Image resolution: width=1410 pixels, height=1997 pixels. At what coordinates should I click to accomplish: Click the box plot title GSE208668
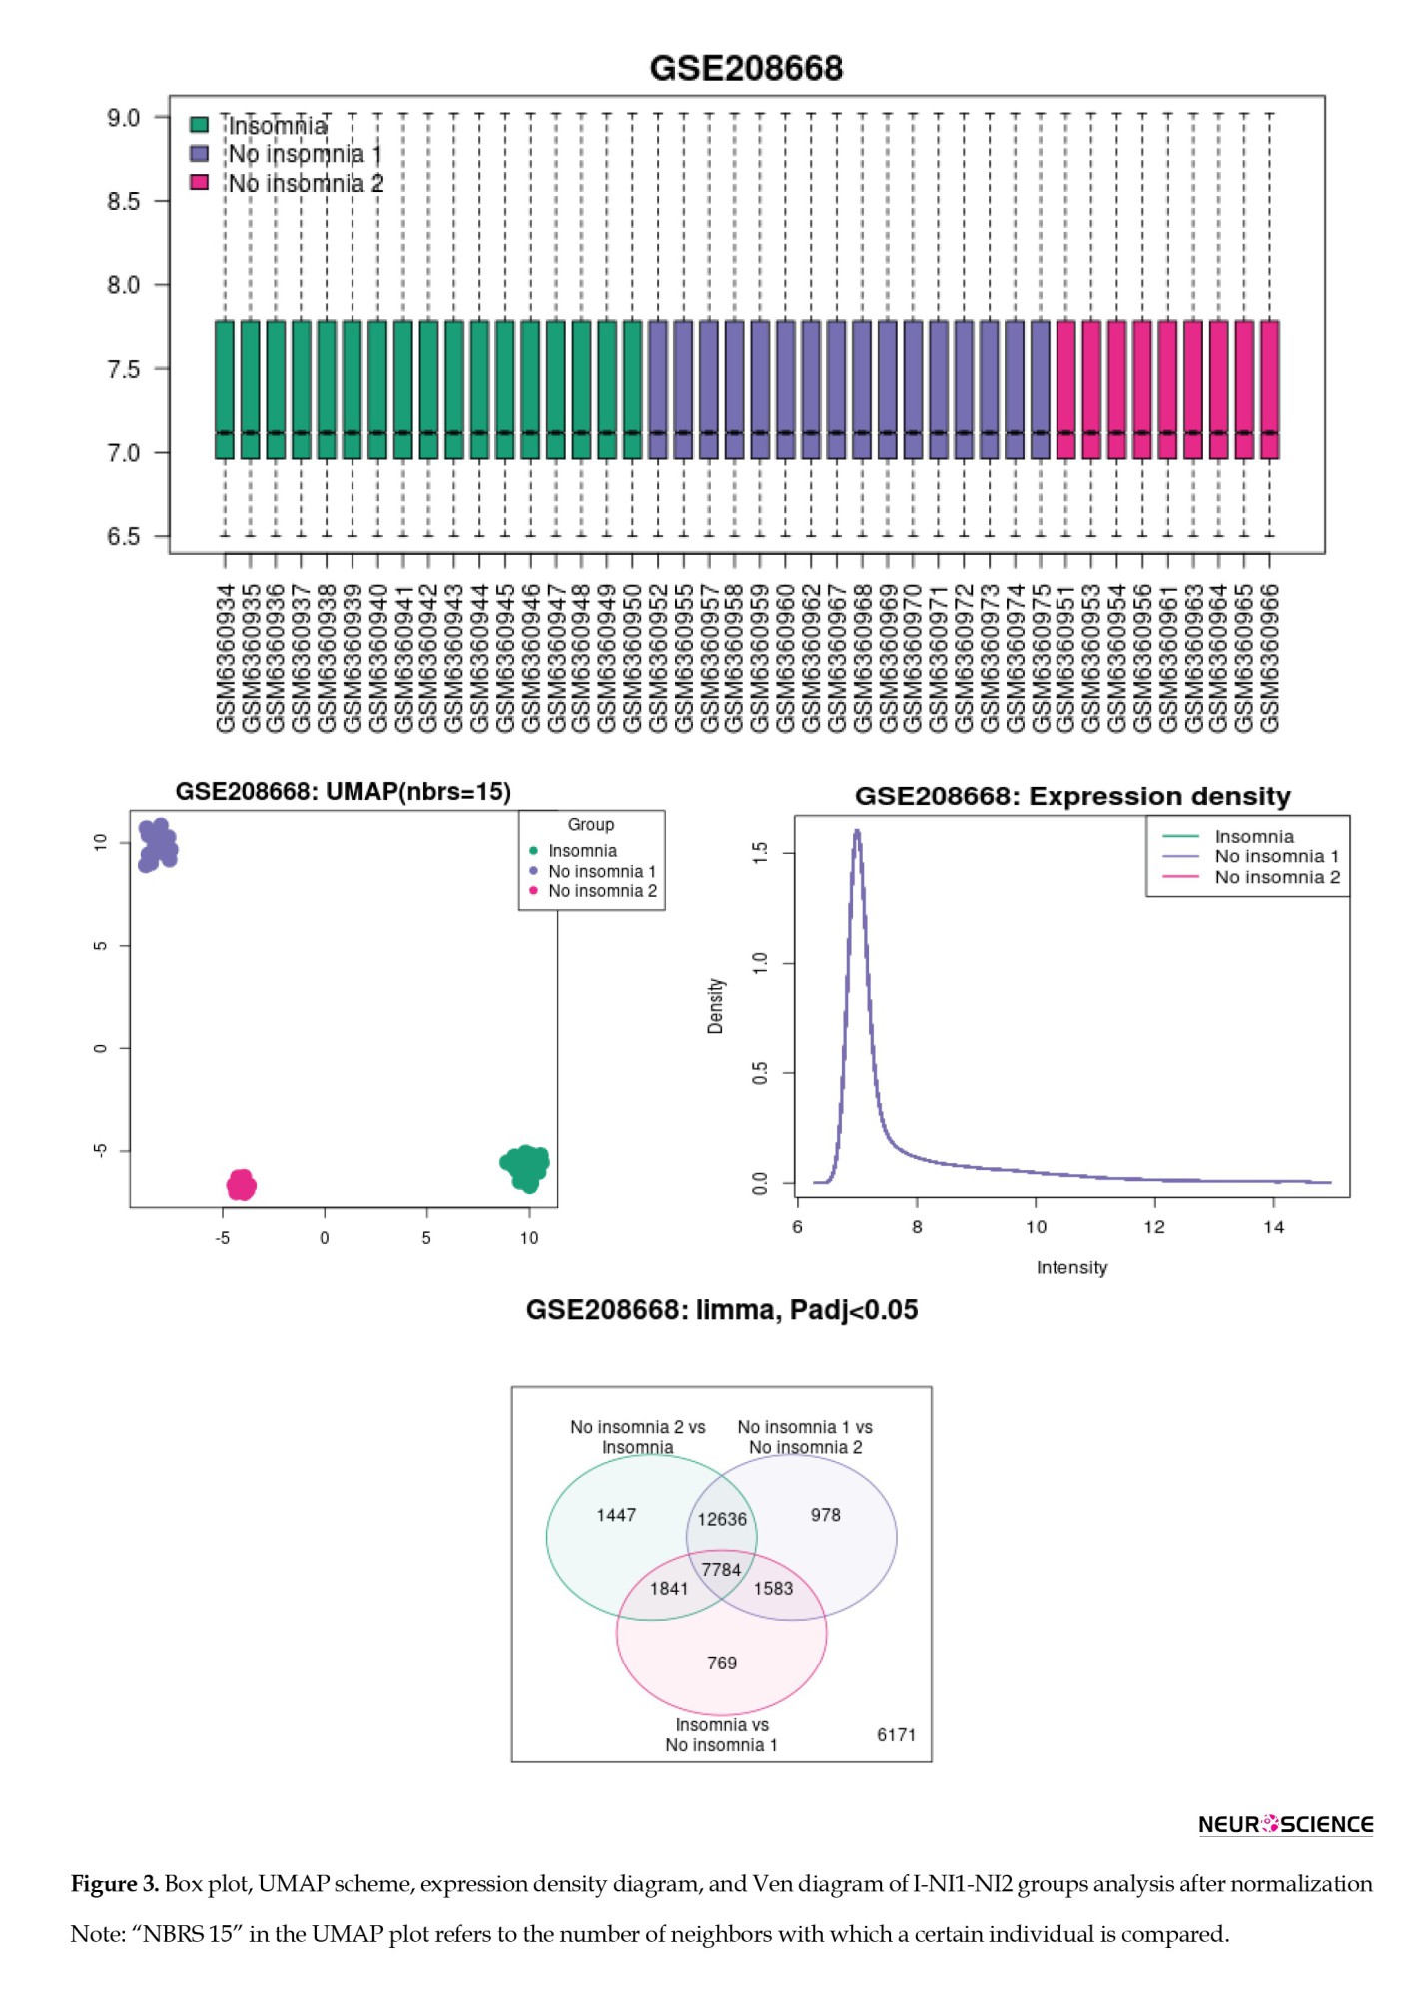tap(746, 68)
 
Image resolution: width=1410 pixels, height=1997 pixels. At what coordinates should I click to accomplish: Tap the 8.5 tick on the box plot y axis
tap(124, 202)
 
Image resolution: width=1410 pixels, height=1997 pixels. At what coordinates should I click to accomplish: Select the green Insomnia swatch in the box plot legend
tap(200, 125)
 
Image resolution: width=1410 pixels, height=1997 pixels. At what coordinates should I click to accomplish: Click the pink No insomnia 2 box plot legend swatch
tap(200, 182)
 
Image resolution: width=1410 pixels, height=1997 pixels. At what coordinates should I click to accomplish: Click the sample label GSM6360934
tap(226, 658)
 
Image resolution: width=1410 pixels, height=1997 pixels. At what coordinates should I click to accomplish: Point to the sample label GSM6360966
tap(1269, 658)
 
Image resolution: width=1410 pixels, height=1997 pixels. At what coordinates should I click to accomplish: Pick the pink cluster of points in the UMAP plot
tap(241, 1185)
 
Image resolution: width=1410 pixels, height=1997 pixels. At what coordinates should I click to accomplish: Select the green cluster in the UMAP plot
tap(525, 1167)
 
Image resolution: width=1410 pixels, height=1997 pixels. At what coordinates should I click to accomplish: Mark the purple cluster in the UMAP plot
tap(157, 845)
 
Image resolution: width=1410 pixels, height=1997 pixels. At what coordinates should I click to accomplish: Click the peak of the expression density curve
tap(857, 831)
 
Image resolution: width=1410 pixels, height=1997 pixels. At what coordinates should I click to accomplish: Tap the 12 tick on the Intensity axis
tap(1154, 1227)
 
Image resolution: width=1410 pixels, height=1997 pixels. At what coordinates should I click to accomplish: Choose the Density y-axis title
tap(715, 1005)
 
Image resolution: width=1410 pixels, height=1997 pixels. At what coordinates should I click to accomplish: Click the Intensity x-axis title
tap(1071, 1268)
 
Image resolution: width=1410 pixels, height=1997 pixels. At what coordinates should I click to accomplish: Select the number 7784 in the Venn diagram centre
tap(721, 1570)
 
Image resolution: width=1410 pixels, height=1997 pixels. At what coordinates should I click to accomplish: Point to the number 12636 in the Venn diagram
tap(722, 1519)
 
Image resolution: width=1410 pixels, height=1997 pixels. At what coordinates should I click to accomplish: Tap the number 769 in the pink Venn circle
tap(722, 1663)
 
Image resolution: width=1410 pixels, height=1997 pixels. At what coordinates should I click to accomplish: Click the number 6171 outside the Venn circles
tap(896, 1734)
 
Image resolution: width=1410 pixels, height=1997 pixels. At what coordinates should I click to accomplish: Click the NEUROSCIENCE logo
tap(1285, 1824)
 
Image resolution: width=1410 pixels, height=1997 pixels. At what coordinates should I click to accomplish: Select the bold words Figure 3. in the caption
tap(115, 1884)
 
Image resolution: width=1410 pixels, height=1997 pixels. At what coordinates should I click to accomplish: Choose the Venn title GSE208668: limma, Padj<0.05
tap(721, 1310)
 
